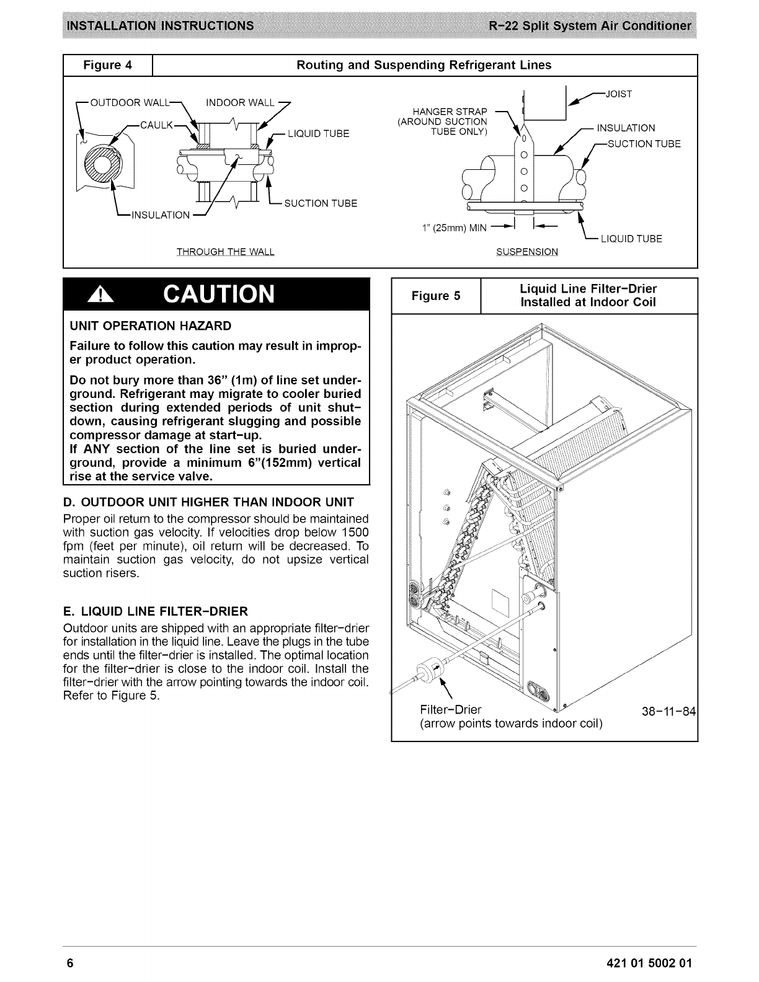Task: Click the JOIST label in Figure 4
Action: [618, 94]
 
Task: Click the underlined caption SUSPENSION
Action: [527, 252]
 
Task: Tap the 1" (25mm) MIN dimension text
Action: [454, 228]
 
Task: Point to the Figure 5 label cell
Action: [436, 296]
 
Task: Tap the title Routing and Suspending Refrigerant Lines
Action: [424, 65]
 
